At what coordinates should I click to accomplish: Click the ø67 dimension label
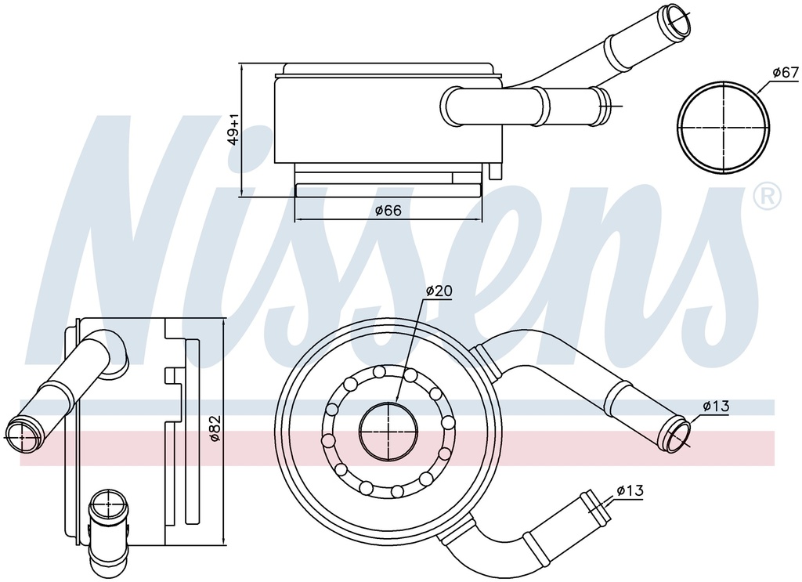(x=785, y=73)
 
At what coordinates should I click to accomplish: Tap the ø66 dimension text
(x=388, y=210)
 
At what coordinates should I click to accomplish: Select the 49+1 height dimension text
(x=233, y=130)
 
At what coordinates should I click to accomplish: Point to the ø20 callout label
(x=439, y=291)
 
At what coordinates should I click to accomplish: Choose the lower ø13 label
(x=630, y=491)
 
